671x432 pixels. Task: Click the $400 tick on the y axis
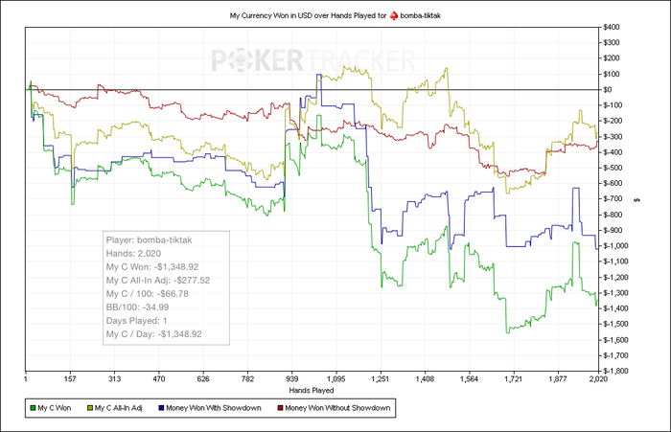[616, 27]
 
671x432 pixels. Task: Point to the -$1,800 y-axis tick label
[619, 371]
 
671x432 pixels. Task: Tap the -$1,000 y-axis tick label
[619, 246]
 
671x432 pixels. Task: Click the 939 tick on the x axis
[293, 378]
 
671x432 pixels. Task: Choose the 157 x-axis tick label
[70, 378]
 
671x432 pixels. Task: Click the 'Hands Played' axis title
[311, 391]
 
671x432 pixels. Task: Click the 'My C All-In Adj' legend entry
[125, 409]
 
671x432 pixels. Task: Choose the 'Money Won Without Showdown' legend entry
[335, 409]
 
